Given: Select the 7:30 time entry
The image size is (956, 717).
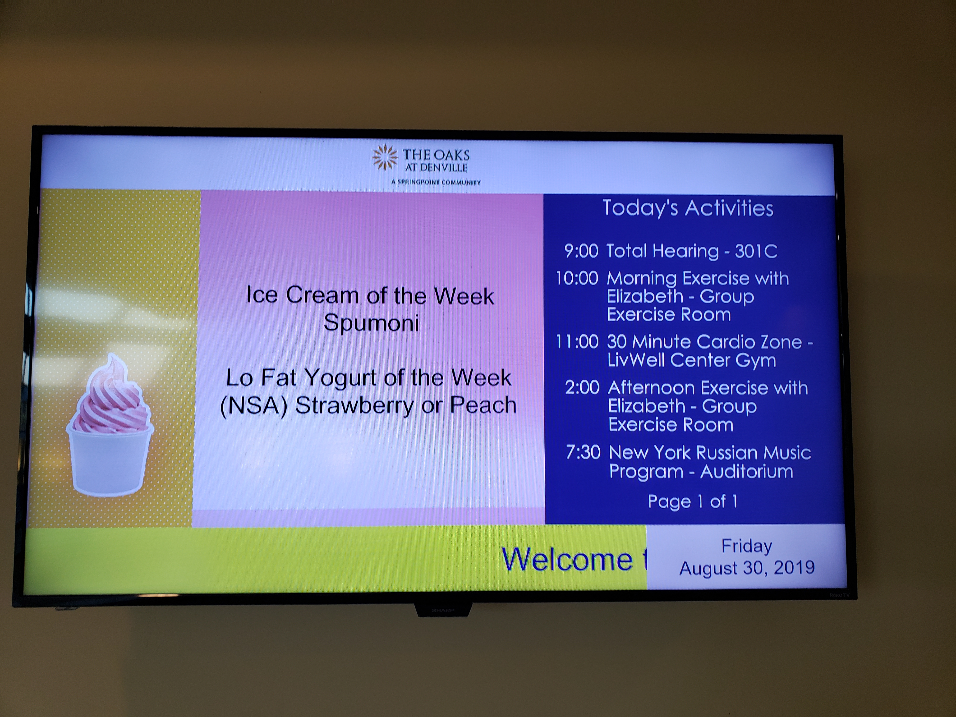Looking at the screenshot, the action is [583, 452].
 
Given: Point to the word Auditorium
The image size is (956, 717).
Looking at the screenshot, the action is [747, 471].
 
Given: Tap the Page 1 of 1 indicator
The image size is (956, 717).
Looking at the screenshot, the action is [692, 501].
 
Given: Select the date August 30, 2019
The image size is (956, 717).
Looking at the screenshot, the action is [747, 567].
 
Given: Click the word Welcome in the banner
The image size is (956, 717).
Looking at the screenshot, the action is [567, 559].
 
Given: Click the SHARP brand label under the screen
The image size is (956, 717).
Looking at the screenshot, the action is [443, 610].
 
